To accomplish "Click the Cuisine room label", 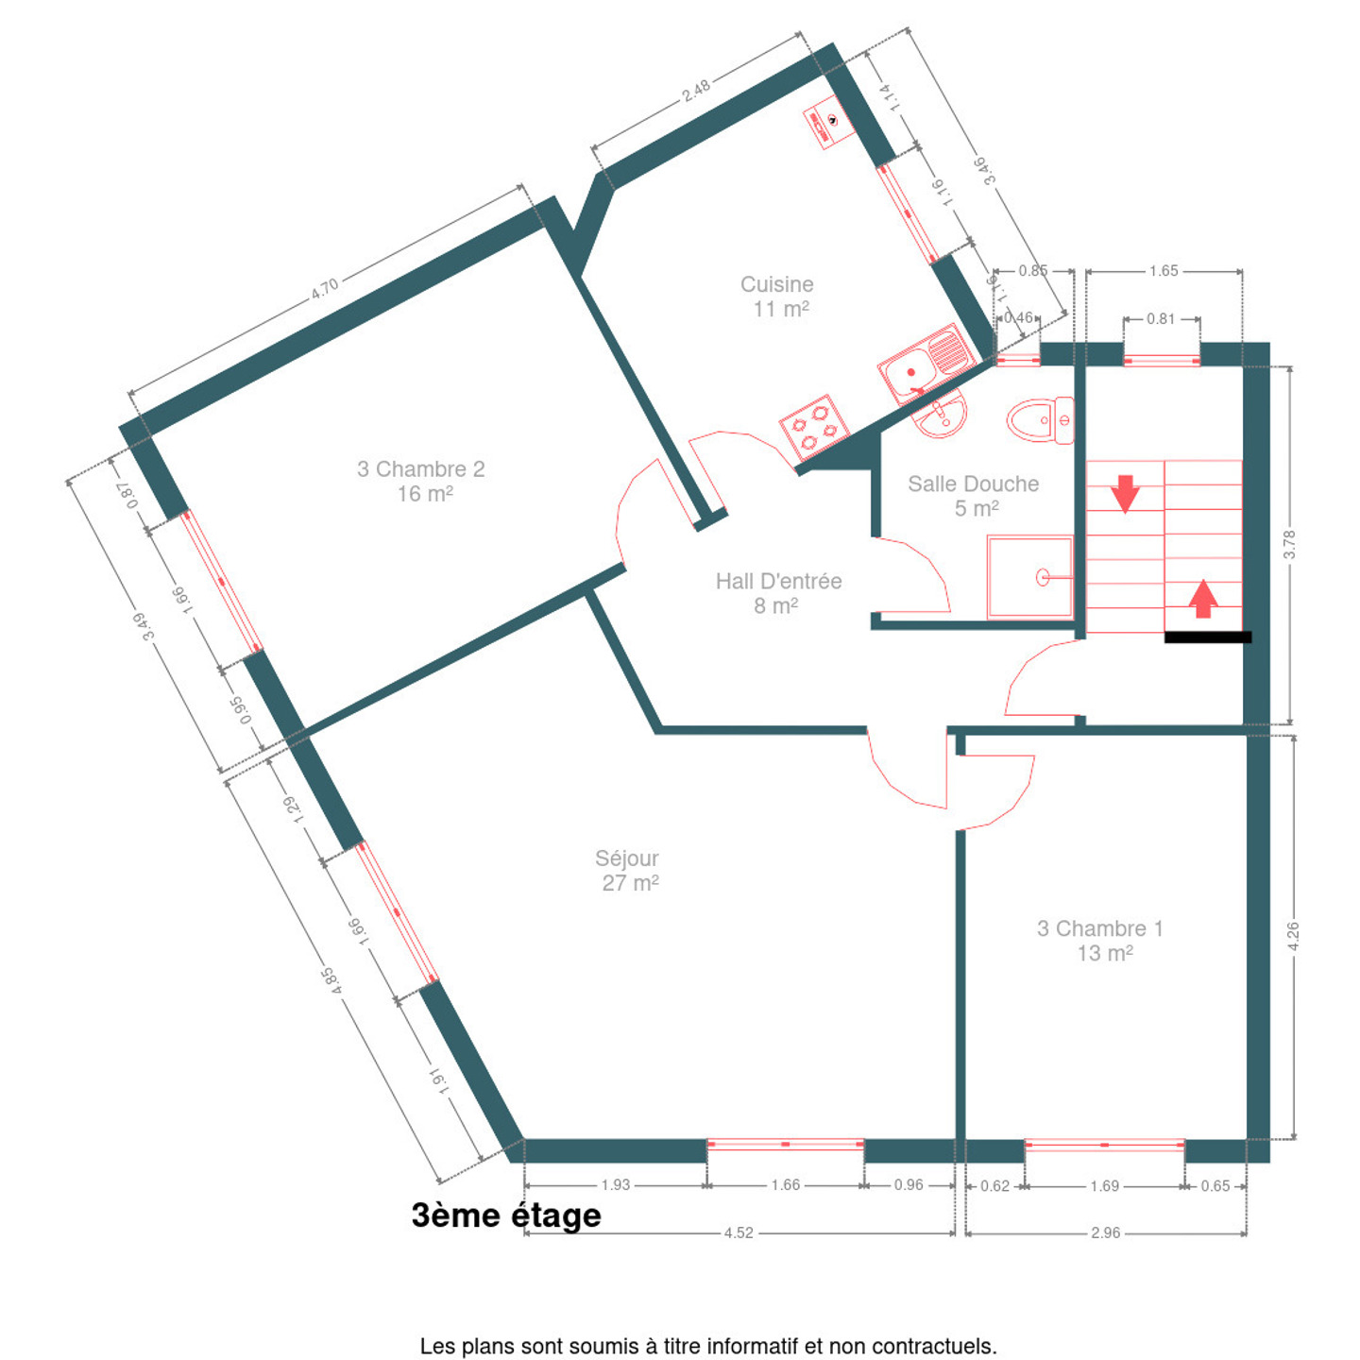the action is click(776, 297).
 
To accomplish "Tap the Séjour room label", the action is click(627, 870).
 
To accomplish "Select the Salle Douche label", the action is click(973, 496).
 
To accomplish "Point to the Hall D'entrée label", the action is click(778, 593).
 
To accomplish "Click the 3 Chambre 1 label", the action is click(1100, 940).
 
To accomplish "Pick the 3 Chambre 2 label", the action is click(421, 481).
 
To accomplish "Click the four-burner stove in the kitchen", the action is click(814, 425).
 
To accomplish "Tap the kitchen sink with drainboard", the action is click(925, 364).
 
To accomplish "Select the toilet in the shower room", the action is click(1040, 420).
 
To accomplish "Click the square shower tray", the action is click(1030, 577).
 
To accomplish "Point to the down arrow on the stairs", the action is click(1125, 493).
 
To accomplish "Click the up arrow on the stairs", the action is click(1203, 599).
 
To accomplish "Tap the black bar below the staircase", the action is click(1208, 637).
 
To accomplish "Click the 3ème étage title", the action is click(506, 1215).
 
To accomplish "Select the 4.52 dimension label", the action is click(739, 1232).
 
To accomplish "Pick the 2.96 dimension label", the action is click(1105, 1232).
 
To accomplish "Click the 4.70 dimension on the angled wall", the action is click(325, 288).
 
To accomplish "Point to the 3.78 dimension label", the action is click(1289, 544).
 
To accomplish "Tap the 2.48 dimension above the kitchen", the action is click(696, 91).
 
